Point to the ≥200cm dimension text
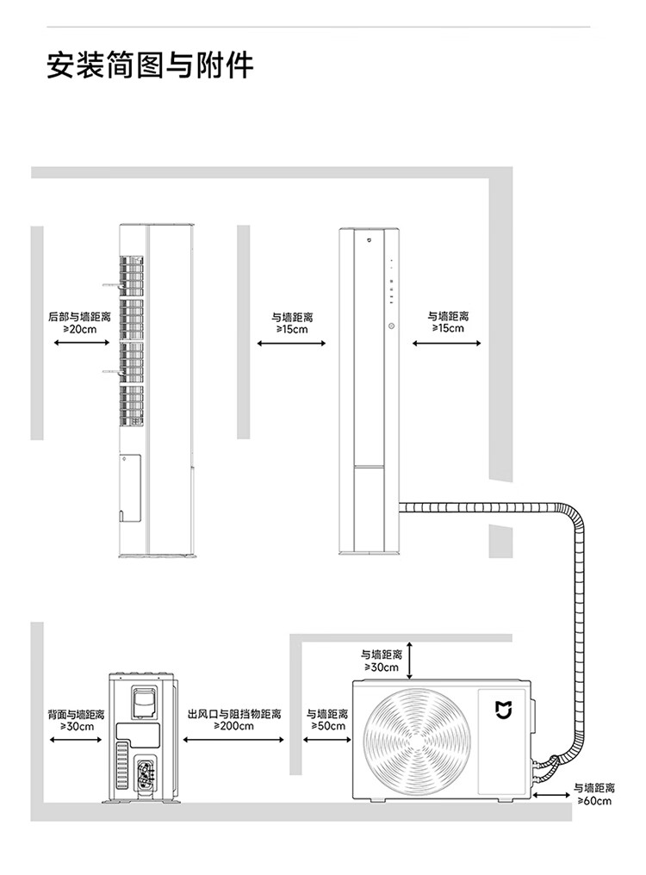[x=233, y=726]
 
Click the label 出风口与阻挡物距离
[x=233, y=714]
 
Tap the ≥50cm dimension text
[x=327, y=726]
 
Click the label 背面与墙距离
[x=76, y=714]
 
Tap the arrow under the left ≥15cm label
[x=292, y=344]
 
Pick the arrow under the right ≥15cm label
[x=446, y=344]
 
